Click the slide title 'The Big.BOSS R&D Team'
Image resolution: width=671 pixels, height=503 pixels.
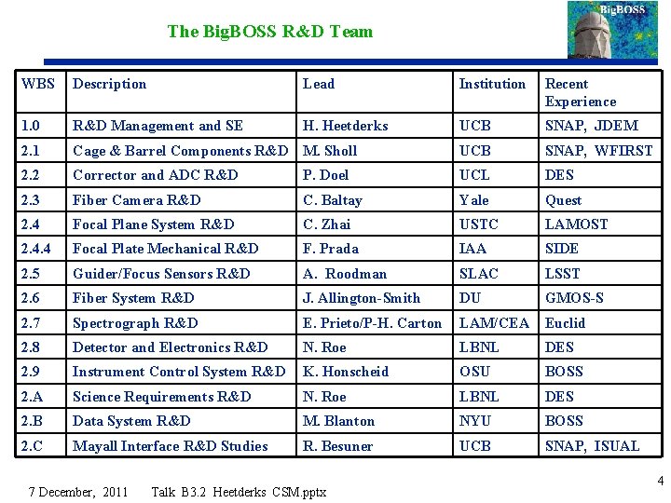coord(269,32)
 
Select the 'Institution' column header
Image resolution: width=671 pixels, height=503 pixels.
coord(492,84)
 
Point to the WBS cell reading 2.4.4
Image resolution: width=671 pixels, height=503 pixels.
coord(37,249)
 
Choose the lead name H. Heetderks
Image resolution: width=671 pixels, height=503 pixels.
coord(345,126)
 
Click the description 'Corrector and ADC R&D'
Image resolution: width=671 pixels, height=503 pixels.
coord(156,175)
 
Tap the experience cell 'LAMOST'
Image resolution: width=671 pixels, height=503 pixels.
coord(576,224)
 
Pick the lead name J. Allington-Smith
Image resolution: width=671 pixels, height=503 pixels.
coord(362,298)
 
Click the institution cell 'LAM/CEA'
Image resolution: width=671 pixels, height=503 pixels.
coord(494,323)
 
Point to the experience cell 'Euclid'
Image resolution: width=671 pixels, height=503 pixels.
coord(565,323)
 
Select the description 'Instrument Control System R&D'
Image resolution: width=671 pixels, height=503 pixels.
coord(179,372)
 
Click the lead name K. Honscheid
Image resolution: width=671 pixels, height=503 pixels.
coord(346,372)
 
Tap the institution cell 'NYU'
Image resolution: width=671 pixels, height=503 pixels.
coord(474,421)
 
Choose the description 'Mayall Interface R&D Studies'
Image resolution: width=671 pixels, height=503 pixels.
coord(171,446)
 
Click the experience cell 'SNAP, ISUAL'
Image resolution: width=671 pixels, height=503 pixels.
coord(592,446)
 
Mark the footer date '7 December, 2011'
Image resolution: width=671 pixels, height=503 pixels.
coord(78,491)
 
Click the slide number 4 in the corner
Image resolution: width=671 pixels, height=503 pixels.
coord(660,482)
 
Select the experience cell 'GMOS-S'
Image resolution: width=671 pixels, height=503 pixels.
coord(574,298)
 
